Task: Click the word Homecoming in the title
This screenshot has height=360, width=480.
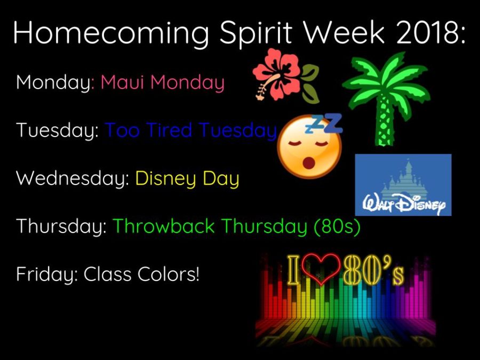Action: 111,33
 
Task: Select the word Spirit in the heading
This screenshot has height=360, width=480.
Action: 255,34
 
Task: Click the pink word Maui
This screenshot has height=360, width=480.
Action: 123,82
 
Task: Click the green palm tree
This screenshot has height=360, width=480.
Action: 386,98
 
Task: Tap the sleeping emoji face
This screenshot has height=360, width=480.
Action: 309,146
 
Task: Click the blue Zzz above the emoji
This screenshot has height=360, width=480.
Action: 324,123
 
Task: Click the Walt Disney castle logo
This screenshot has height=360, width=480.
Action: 403,185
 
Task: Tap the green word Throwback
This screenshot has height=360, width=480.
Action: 164,226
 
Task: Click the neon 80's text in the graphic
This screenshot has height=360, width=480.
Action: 373,270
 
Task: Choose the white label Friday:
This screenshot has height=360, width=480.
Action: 47,274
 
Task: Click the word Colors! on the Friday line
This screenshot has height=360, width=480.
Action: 168,274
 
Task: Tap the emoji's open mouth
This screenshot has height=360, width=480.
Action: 309,163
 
